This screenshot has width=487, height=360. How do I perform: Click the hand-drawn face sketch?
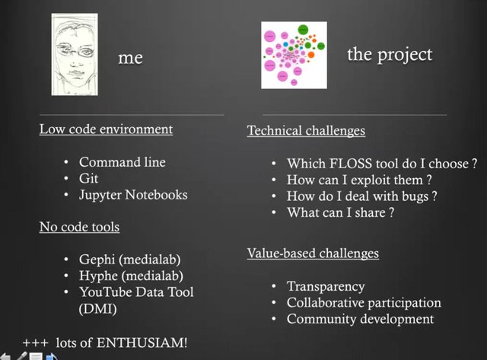point(75,54)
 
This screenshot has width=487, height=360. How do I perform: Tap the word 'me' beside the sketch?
point(130,58)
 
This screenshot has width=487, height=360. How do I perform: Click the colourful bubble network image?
point(294,55)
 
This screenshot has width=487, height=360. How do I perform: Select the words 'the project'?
point(390,55)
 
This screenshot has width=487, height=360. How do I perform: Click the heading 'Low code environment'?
point(106,129)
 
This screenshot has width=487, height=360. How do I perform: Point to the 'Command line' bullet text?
point(122,162)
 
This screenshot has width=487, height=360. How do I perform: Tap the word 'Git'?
point(88,179)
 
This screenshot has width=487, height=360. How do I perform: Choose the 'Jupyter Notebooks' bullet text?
point(133,195)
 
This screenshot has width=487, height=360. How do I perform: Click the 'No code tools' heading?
point(79,227)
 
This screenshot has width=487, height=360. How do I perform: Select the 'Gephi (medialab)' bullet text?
point(130,260)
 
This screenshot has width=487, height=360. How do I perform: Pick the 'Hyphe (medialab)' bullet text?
point(131,276)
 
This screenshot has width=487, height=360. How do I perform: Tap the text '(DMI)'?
point(98,309)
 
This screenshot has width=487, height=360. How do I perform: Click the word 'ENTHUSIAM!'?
point(142,343)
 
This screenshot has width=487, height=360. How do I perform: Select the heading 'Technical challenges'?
point(306,130)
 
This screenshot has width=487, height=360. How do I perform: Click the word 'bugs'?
point(415,196)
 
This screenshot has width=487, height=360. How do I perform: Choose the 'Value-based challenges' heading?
point(313,253)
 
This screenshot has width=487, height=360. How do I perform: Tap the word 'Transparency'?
point(326,286)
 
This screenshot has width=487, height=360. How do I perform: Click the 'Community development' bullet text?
point(360,320)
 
